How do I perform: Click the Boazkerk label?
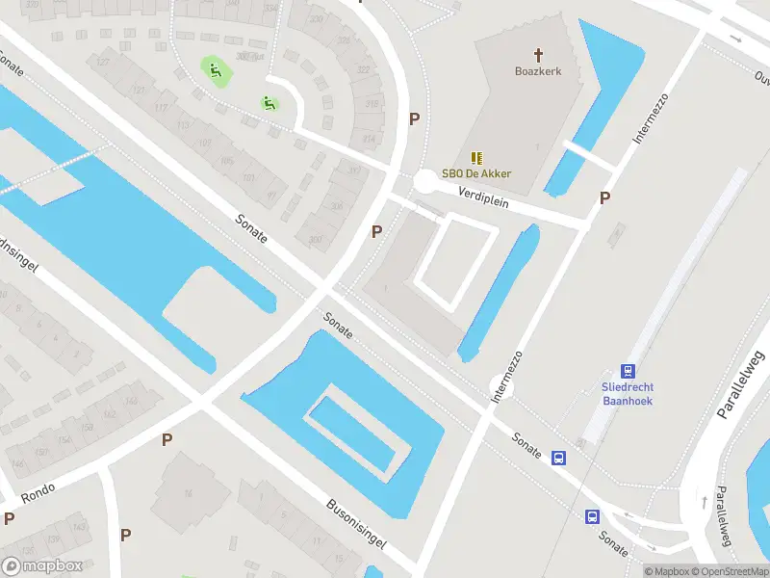pos(538,71)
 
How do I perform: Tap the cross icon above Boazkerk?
pos(538,55)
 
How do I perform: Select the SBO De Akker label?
pos(476,173)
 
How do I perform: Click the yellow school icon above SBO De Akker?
pos(476,157)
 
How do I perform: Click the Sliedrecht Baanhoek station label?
pos(628,393)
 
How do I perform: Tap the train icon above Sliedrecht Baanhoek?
pos(628,371)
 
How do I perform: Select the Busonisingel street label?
pos(357,523)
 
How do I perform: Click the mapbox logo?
pos(41,566)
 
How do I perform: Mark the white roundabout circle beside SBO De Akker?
pos(424,180)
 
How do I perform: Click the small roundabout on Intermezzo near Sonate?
pos(500,388)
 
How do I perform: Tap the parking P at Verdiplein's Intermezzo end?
pos(604,198)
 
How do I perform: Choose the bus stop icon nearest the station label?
pos(558,459)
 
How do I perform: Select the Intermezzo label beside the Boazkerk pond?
pos(652,118)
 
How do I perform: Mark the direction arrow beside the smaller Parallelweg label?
pos(704,502)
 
